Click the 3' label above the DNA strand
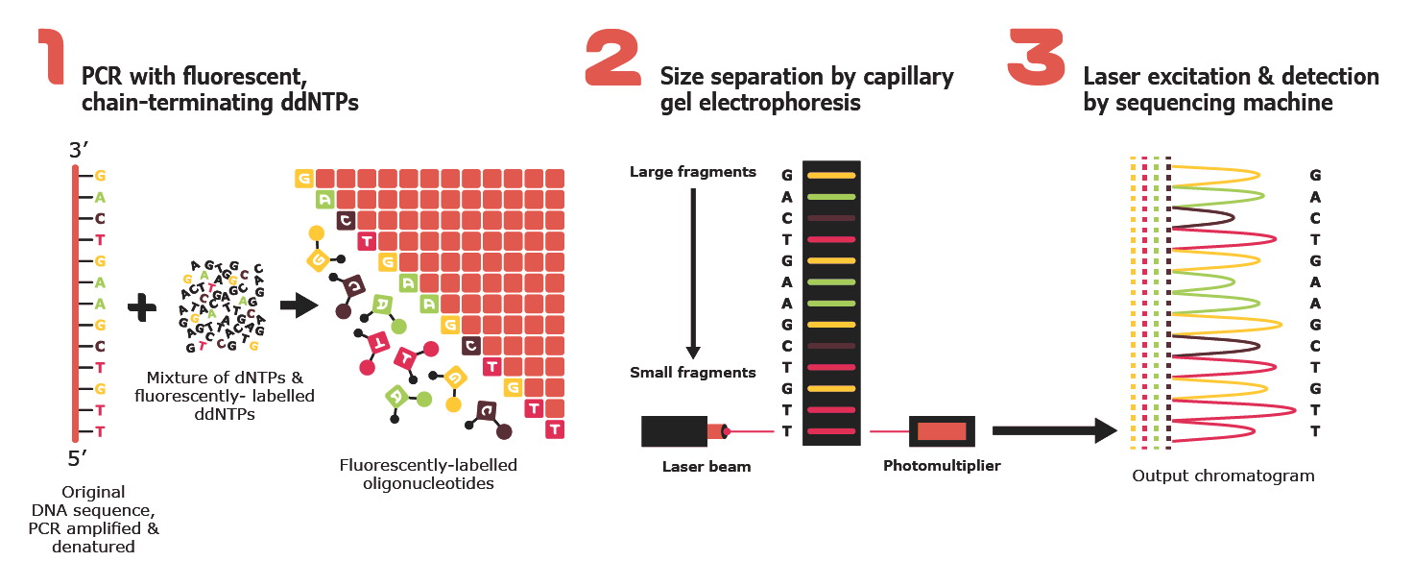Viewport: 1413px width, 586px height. coord(79,151)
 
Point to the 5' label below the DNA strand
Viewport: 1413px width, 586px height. coord(79,456)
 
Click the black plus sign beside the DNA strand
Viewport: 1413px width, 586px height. coord(142,306)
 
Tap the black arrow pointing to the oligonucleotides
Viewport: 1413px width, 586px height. coord(299,306)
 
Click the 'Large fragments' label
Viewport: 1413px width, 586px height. coord(692,173)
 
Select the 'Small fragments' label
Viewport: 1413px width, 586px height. coord(692,373)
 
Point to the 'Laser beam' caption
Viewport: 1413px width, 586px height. coord(706,467)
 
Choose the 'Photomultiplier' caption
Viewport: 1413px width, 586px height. coord(941,466)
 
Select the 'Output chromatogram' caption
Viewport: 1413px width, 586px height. coord(1223,476)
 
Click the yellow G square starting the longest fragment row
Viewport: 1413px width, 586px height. coord(304,178)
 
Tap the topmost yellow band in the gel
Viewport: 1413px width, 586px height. coord(830,176)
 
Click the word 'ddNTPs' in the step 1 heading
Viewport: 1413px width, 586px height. coord(320,101)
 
